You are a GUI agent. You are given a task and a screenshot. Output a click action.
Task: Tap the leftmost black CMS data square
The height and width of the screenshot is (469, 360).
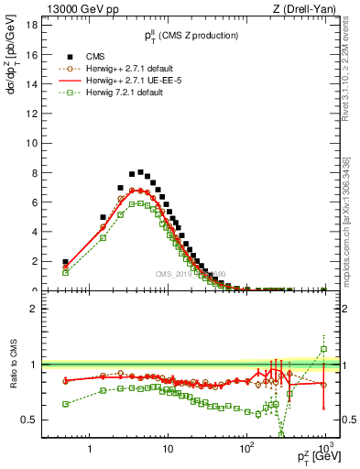pyautogui.click(x=65, y=262)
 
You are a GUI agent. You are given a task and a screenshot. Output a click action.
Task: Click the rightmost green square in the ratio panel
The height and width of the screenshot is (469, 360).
pyautogui.click(x=323, y=349)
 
